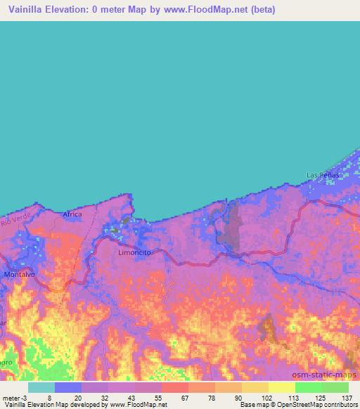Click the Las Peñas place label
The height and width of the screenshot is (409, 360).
click(x=323, y=174)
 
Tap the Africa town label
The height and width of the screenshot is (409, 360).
click(x=72, y=214)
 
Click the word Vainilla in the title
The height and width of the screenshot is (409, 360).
click(x=27, y=10)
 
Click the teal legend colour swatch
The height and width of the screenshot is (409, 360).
click(x=41, y=387)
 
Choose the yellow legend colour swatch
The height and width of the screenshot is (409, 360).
click(x=281, y=387)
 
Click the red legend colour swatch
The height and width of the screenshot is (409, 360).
click(x=174, y=387)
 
